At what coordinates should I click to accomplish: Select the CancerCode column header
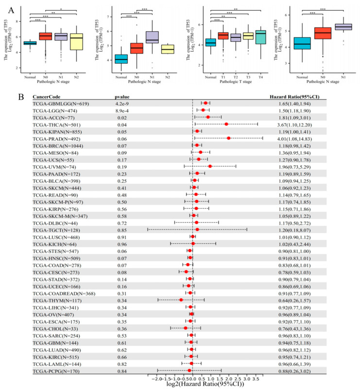click(x=47, y=97)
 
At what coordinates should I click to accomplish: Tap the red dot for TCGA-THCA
click(x=226, y=124)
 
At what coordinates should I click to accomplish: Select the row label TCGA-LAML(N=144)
click(x=55, y=364)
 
